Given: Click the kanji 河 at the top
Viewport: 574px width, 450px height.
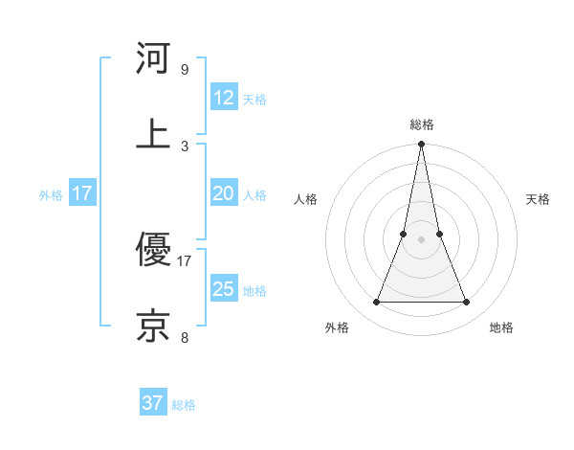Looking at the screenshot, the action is pyautogui.click(x=153, y=58).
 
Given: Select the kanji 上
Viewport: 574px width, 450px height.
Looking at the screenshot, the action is pyautogui.click(x=153, y=133).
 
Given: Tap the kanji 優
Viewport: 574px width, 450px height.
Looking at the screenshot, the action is pyautogui.click(x=153, y=250).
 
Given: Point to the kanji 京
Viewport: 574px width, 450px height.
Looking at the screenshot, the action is pyautogui.click(x=153, y=326).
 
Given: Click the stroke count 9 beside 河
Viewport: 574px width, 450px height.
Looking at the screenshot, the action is pyautogui.click(x=184, y=70).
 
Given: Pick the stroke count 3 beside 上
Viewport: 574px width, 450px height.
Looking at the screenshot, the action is pyautogui.click(x=184, y=146).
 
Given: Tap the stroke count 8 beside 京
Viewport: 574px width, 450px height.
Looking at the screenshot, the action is pyautogui.click(x=184, y=337).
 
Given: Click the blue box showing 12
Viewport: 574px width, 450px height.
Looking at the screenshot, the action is pyautogui.click(x=224, y=98).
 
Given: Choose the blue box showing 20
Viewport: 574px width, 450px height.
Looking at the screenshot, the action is pyautogui.click(x=224, y=193).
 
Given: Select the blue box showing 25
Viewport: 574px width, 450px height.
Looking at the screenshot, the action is pyautogui.click(x=224, y=289).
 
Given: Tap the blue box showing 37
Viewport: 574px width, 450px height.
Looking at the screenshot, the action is pyautogui.click(x=153, y=403).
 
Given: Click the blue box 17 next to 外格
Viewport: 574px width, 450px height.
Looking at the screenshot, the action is pyautogui.click(x=82, y=193).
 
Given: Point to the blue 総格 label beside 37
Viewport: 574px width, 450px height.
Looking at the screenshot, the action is pyautogui.click(x=184, y=405).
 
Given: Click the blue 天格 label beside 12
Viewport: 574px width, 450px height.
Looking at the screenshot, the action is pyautogui.click(x=254, y=100).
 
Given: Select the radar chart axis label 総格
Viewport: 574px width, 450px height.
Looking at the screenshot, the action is pyautogui.click(x=421, y=124).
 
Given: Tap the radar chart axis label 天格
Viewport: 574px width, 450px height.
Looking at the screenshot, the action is pyautogui.click(x=538, y=199).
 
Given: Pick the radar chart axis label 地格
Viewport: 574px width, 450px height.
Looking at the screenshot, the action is pyautogui.click(x=501, y=327).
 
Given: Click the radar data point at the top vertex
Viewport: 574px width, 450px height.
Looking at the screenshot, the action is pyautogui.click(x=421, y=145).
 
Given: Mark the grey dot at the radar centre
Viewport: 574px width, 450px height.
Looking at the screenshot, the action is pyautogui.click(x=421, y=239).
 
